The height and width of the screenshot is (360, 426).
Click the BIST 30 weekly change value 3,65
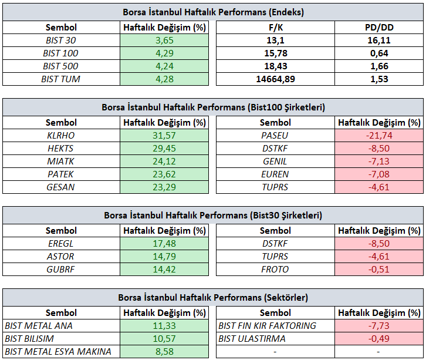tap(164, 41)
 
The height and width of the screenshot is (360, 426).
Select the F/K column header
tap(275, 28)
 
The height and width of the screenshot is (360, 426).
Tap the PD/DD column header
tap(379, 28)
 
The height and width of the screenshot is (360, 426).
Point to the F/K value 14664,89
tap(275, 79)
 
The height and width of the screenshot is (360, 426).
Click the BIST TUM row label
tap(61, 79)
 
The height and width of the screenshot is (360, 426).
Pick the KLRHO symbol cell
tap(61, 136)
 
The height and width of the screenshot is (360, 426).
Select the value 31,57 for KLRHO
tap(164, 136)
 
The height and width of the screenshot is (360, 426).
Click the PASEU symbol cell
tap(275, 136)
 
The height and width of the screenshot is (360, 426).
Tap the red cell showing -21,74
tap(379, 136)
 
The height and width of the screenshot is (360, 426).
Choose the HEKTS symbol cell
tap(60, 149)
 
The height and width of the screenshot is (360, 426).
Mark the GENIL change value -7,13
tap(379, 162)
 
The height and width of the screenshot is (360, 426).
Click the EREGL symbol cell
tap(61, 243)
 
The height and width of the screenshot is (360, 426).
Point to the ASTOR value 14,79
tap(164, 257)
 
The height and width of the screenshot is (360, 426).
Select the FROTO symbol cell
tap(275, 269)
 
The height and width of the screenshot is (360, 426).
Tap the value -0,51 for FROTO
tap(379, 269)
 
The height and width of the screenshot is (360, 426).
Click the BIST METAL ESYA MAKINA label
tap(58, 352)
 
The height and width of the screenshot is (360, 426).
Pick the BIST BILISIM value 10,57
tap(164, 338)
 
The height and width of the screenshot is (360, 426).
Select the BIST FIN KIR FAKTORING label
tap(268, 326)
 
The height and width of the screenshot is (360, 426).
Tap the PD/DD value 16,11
tap(379, 41)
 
